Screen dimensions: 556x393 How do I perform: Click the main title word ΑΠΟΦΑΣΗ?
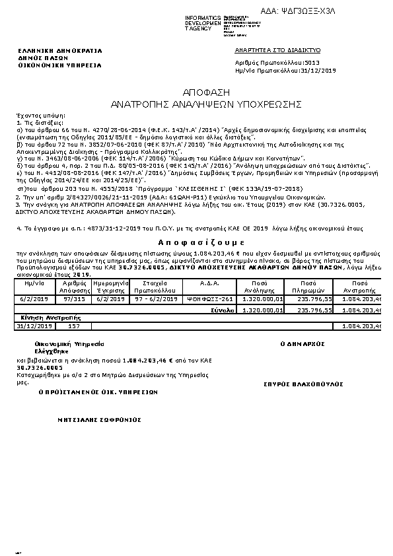click(196, 92)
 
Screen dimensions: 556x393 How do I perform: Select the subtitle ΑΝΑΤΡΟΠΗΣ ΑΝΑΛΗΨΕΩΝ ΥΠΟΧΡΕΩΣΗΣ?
click(196, 104)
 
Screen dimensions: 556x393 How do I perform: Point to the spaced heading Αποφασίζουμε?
click(196, 243)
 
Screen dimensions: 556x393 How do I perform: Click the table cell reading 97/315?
click(74, 298)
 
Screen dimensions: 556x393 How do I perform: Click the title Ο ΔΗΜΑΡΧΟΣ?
click(295, 345)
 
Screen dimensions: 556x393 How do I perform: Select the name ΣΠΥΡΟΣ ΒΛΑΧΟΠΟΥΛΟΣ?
click(294, 383)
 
